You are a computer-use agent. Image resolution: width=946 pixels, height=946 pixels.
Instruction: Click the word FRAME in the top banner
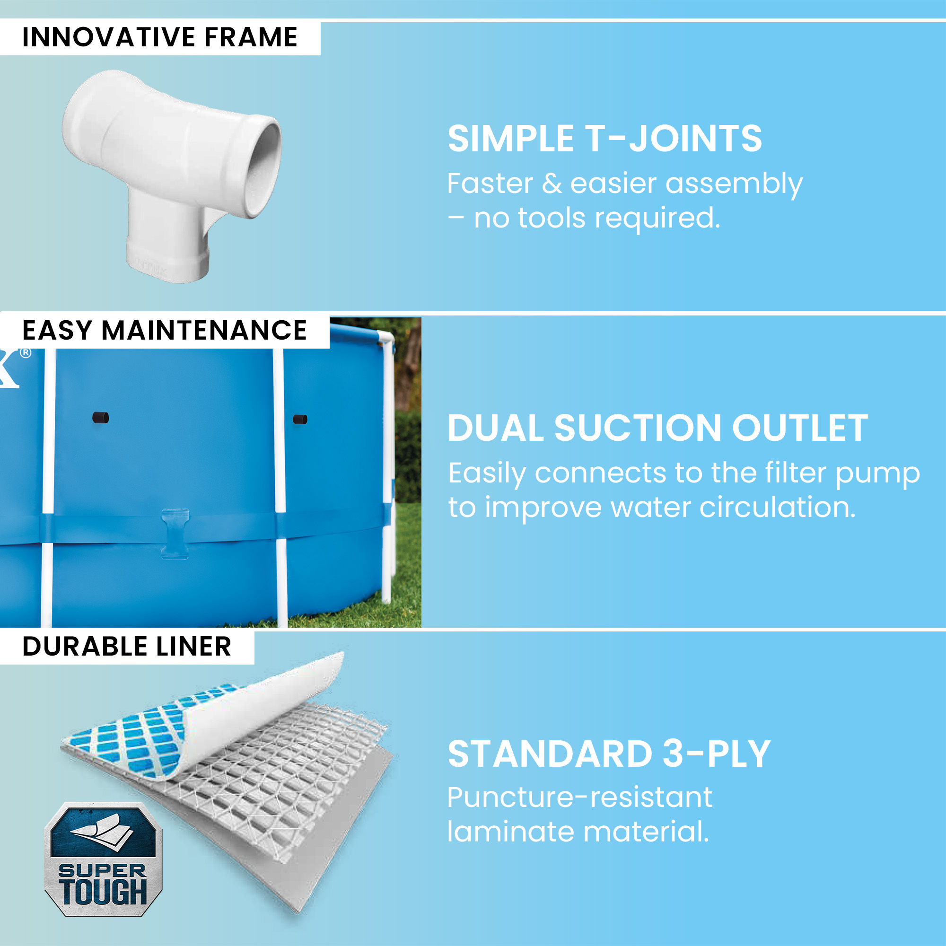coord(251,37)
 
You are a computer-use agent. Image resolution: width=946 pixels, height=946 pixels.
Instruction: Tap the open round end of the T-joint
coord(263,166)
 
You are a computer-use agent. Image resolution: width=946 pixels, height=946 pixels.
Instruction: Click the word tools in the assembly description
coord(552,218)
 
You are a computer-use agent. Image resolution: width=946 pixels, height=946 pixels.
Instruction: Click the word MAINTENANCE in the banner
coord(204,331)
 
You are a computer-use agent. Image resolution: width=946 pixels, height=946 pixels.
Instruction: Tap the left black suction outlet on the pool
coord(101,418)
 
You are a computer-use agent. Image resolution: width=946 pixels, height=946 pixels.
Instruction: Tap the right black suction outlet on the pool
coord(300,419)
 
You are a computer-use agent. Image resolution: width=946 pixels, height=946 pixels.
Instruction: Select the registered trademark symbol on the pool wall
coord(26,352)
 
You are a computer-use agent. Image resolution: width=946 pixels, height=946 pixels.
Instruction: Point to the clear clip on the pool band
coord(175,534)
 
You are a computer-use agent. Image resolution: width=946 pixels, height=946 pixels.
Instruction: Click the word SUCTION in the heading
coord(638,428)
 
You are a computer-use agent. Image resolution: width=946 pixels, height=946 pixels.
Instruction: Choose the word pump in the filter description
coord(877,474)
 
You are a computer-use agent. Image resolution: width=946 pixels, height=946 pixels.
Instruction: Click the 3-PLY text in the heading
coord(717,754)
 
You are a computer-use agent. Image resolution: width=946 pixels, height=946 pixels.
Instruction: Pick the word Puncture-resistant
coord(580,797)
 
